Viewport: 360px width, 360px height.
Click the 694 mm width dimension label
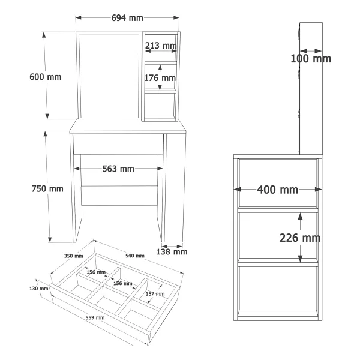[127, 18]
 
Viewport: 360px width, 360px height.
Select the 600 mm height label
[46, 77]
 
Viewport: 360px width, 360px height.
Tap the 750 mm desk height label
[47, 189]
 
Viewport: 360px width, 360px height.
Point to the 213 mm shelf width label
[161, 46]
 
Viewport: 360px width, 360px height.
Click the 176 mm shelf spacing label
[160, 78]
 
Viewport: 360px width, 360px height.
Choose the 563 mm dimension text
[118, 169]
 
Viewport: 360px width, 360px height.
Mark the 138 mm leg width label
[172, 252]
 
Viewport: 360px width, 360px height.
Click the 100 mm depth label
[311, 59]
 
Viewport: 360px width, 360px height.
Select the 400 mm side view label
[278, 190]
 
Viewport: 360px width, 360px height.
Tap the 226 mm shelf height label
[300, 238]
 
